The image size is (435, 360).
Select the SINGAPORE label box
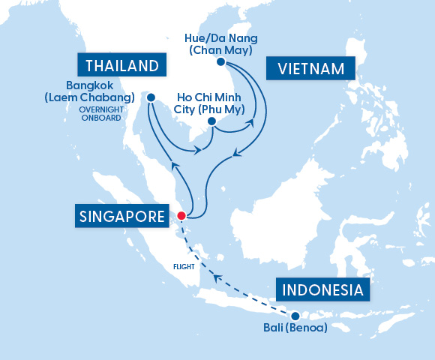121,217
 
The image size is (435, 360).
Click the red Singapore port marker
181,217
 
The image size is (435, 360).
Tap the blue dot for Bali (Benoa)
295,316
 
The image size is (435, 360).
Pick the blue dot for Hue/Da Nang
220,63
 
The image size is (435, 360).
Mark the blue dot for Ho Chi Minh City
211,121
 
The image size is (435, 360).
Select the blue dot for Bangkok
151,97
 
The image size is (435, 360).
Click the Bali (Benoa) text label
295,328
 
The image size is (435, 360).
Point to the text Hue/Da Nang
217,37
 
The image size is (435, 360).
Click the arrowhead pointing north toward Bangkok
175,163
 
